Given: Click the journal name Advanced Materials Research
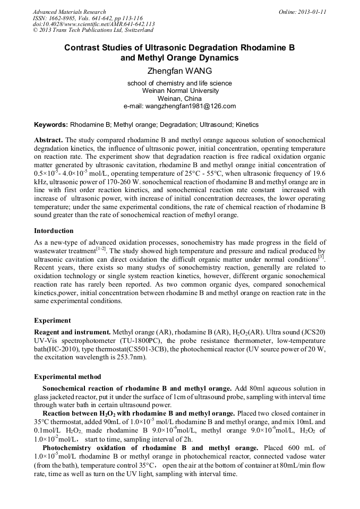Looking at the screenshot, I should click(69, 12).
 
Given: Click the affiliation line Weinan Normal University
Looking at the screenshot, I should click(179, 91).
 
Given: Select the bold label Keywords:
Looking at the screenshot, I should click(51, 125).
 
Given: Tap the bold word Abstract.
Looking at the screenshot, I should click(48, 140).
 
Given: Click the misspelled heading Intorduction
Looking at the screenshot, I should click(54, 231).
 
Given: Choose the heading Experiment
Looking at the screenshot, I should click(53, 321).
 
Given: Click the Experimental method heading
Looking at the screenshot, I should click(67, 377).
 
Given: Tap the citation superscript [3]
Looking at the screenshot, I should click(321, 256).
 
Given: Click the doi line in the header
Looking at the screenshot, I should click(94, 24).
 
